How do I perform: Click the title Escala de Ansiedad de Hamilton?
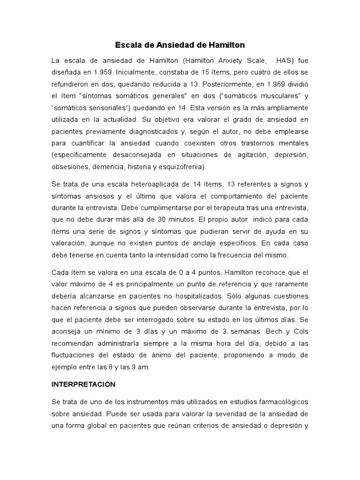(x=180, y=45)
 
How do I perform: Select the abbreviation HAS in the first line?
(x=285, y=61)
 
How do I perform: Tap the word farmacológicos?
(x=279, y=402)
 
